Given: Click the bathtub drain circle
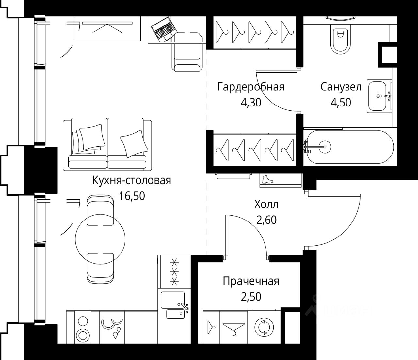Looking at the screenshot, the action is tap(325, 146).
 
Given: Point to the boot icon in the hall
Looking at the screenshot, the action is tap(267, 179).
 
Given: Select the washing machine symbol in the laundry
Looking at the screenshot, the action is tap(263, 328).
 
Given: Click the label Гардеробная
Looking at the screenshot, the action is tap(251, 87).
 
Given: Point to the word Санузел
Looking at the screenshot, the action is tap(341, 87).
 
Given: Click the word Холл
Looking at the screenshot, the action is tap(266, 205).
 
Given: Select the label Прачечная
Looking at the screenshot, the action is tap(251, 281).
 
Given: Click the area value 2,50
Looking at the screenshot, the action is tap(251, 297).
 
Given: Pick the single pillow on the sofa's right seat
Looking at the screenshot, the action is tap(133, 142).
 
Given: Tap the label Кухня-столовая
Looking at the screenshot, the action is tap(132, 180).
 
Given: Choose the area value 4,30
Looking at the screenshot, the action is tap(251, 103).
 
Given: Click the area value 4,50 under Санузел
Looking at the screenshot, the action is tap(341, 103).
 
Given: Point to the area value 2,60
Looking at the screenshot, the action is tap(266, 220).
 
